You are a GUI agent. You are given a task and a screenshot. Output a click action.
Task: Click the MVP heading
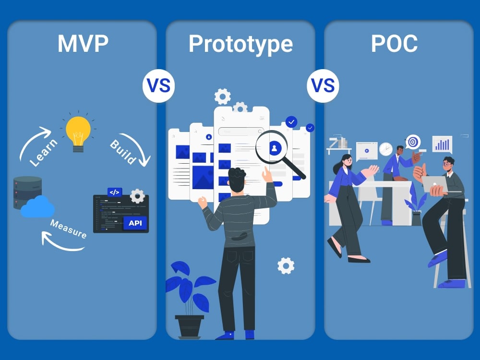tap(83, 44)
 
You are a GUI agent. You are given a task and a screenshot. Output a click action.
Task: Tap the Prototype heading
tap(240, 44)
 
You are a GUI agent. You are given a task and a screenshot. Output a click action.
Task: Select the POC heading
tap(394, 44)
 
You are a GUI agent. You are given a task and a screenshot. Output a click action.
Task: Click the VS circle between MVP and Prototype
tap(158, 86)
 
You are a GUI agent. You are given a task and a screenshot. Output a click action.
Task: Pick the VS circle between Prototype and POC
tap(323, 86)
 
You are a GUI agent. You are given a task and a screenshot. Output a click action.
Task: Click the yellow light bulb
tap(78, 133)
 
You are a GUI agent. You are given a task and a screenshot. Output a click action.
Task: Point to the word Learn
tap(43, 153)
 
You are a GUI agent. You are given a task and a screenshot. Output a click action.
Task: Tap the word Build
tap(122, 152)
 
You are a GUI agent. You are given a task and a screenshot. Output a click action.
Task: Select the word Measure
tap(68, 228)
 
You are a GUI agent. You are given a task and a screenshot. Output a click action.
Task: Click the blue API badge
tap(135, 223)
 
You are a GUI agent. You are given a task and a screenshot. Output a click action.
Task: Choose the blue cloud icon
tap(37, 207)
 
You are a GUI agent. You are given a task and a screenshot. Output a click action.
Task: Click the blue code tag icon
tap(115, 192)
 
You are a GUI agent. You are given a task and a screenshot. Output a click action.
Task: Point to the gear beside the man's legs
tap(286, 266)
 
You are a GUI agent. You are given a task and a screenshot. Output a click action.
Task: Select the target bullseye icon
tap(413, 142)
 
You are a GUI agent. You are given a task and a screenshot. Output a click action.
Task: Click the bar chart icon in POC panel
tap(443, 144)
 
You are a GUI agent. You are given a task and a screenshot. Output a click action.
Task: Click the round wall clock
tap(386, 149)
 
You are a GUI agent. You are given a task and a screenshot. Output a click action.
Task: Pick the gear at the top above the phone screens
tap(223, 97)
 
